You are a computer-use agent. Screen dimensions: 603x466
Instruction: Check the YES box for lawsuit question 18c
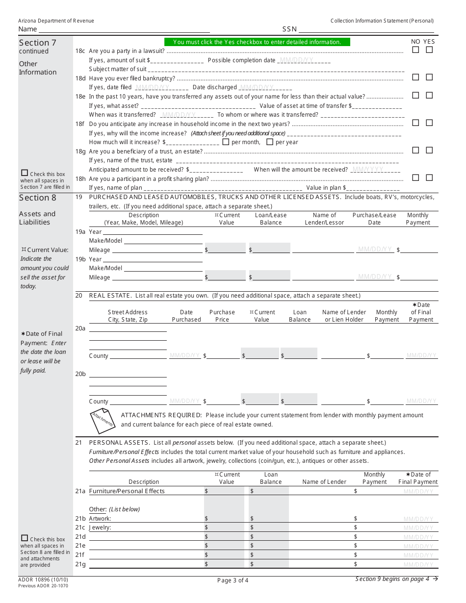[429, 50]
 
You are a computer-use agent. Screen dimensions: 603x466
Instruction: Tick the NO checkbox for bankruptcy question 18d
[415, 77]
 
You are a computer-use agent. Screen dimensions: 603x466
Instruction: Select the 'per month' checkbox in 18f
[226, 142]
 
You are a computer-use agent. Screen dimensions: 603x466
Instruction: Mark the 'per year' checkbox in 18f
[269, 142]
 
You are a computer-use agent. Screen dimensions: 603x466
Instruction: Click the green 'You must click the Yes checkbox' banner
[257, 42]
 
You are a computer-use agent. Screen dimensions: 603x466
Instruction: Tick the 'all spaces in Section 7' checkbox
[25, 173]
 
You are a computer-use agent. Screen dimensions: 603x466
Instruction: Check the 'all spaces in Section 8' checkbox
[25, 538]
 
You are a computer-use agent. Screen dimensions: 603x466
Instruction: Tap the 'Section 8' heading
[38, 198]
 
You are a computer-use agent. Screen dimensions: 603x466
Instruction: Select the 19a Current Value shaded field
[227, 250]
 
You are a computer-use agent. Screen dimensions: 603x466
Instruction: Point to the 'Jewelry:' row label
[100, 528]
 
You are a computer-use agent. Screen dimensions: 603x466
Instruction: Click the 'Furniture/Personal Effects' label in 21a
[127, 491]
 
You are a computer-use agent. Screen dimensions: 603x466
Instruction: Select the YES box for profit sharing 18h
[429, 178]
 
